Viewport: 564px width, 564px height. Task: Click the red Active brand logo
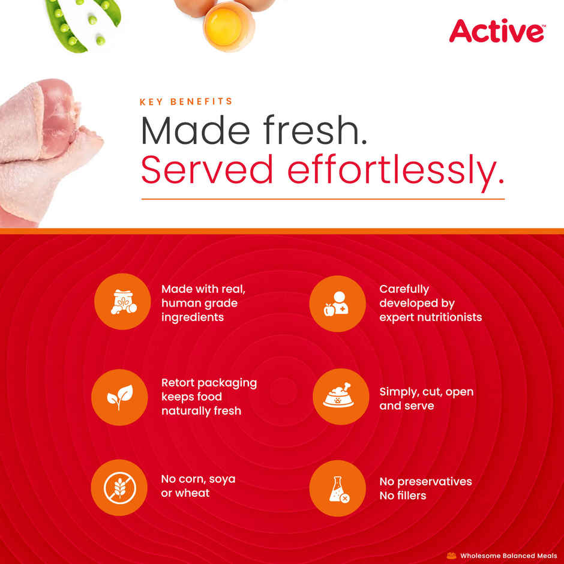(497, 31)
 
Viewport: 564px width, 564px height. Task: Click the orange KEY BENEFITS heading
(186, 102)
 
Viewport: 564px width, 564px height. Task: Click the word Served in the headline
(207, 170)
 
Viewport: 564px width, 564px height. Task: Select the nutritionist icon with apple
(337, 304)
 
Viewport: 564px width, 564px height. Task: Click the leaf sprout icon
(119, 397)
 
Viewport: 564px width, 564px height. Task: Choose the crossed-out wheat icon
(119, 488)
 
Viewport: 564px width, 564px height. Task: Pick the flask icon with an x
(337, 488)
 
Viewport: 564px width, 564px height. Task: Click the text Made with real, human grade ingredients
(203, 303)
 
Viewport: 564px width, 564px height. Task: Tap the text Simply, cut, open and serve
(426, 398)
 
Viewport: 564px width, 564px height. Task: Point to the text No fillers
(403, 496)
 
